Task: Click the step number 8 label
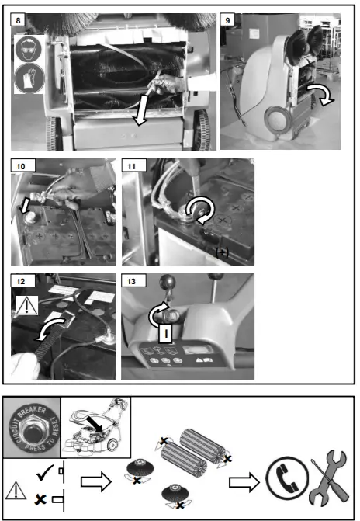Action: pyautogui.click(x=19, y=16)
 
